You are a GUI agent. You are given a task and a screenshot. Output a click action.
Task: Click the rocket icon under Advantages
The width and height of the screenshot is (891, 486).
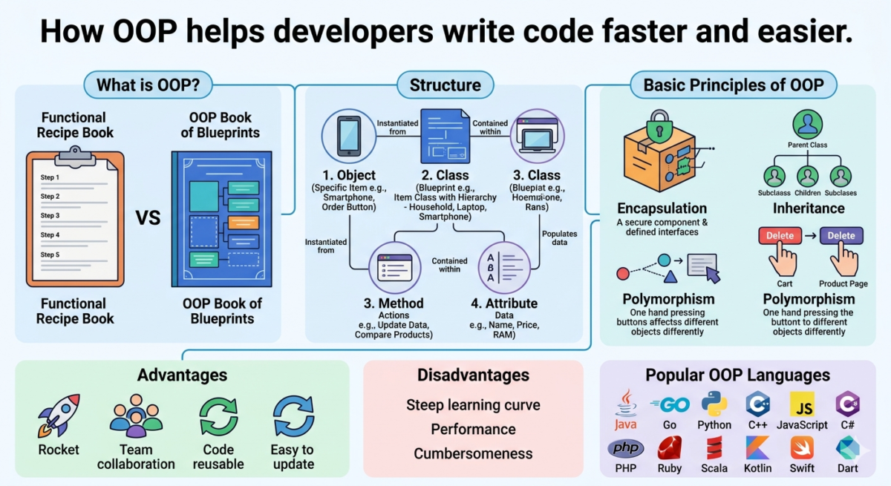[x=58, y=416]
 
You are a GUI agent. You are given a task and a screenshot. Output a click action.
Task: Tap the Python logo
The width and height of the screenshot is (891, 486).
[x=714, y=404]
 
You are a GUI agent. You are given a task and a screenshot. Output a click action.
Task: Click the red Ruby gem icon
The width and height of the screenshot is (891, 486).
[x=669, y=448]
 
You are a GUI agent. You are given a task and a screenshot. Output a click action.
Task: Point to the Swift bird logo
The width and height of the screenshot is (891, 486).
[x=802, y=447]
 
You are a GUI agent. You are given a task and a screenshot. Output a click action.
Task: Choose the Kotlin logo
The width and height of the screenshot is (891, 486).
[x=757, y=448]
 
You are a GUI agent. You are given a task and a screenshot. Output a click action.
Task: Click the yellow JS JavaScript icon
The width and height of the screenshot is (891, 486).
[x=802, y=404]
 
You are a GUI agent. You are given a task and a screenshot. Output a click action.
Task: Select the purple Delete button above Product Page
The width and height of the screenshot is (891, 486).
[x=841, y=236]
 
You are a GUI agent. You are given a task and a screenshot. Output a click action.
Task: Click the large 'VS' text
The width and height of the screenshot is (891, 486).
[x=148, y=218]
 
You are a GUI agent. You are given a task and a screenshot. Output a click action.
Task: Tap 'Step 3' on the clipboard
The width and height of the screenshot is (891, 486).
[x=50, y=216]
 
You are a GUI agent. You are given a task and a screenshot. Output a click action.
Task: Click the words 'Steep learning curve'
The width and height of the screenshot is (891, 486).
[x=473, y=405]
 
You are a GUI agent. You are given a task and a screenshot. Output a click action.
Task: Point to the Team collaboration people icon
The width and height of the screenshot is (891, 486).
[x=135, y=416]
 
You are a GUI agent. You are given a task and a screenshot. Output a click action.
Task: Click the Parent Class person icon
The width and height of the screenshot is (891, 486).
[x=808, y=124]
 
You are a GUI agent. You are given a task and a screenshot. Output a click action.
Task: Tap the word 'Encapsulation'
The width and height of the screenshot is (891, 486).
[x=662, y=208]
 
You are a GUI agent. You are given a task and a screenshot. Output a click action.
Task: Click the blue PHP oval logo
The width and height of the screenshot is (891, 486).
[x=625, y=448]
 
